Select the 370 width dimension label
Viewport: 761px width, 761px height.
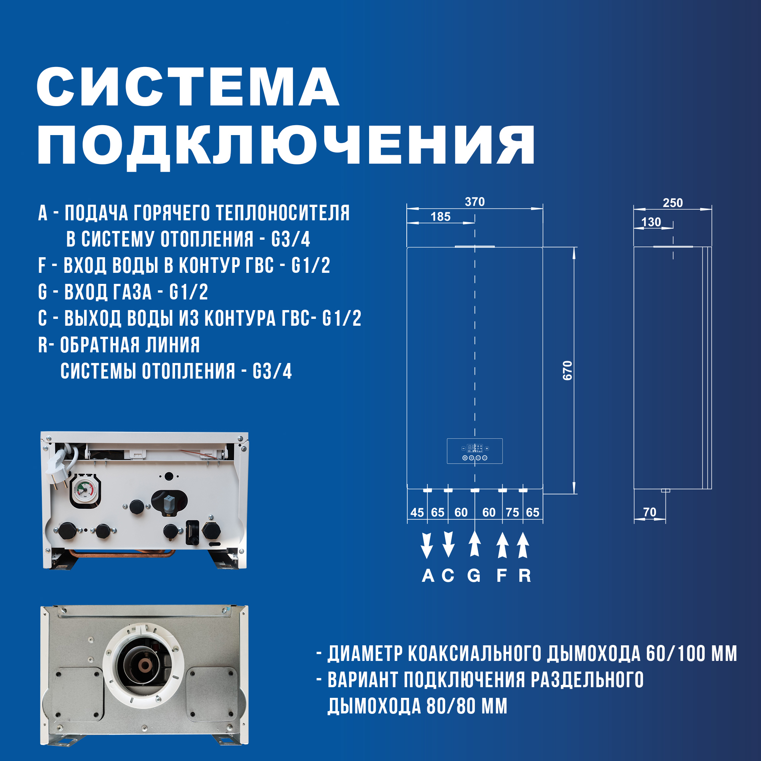474,202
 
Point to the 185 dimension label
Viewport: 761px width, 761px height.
440,217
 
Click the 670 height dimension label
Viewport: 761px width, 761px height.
567,370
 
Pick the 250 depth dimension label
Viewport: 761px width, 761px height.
672,203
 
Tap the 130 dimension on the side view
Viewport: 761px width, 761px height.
651,222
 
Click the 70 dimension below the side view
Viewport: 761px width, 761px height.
650,512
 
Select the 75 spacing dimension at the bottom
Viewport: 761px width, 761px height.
512,513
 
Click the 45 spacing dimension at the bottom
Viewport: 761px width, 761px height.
417,513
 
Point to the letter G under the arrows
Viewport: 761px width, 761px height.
474,576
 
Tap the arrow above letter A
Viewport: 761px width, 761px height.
427,545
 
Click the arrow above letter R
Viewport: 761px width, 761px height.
523,545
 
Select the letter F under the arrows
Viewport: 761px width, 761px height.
501,576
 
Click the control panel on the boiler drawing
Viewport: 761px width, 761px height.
474,451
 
